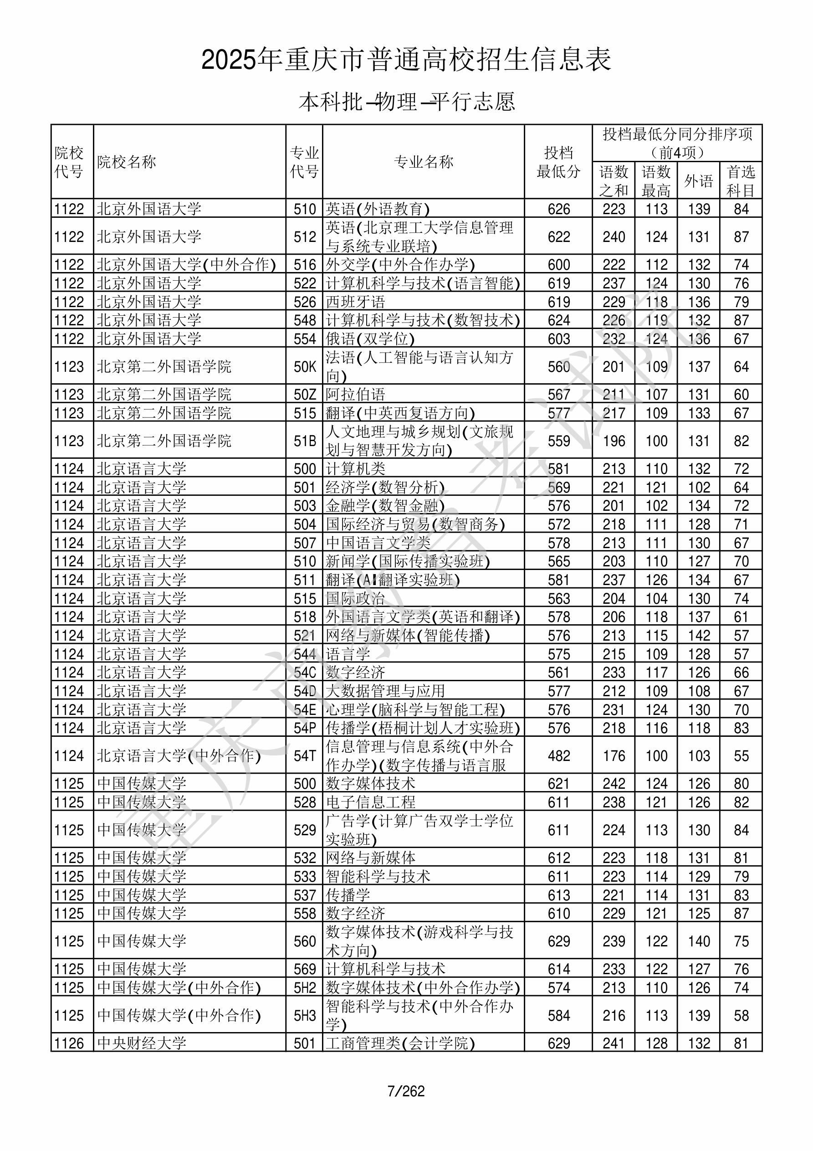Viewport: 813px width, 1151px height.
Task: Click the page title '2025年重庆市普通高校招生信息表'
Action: tap(406, 60)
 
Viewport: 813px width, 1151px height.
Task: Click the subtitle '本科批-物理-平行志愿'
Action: tap(406, 102)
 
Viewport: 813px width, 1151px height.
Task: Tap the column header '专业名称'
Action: tap(424, 162)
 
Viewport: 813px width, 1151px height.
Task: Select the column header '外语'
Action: tap(698, 180)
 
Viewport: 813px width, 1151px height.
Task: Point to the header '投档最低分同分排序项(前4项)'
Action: tap(677, 143)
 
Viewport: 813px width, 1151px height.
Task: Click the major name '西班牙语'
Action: tap(355, 302)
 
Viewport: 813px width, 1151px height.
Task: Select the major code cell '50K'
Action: tap(305, 366)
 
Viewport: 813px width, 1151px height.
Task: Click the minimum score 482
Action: tap(558, 755)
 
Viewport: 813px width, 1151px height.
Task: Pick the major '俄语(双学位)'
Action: tap(370, 339)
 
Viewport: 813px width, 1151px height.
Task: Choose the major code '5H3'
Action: tap(305, 1015)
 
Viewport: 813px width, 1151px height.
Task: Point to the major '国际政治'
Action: tap(355, 599)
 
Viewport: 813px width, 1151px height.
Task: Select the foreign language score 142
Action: tap(698, 636)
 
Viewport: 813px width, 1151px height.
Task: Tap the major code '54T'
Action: tap(305, 755)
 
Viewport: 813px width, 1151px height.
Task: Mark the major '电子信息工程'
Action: tap(370, 802)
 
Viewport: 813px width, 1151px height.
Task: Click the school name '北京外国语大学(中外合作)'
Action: tap(186, 265)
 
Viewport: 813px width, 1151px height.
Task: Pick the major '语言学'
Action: tap(348, 654)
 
